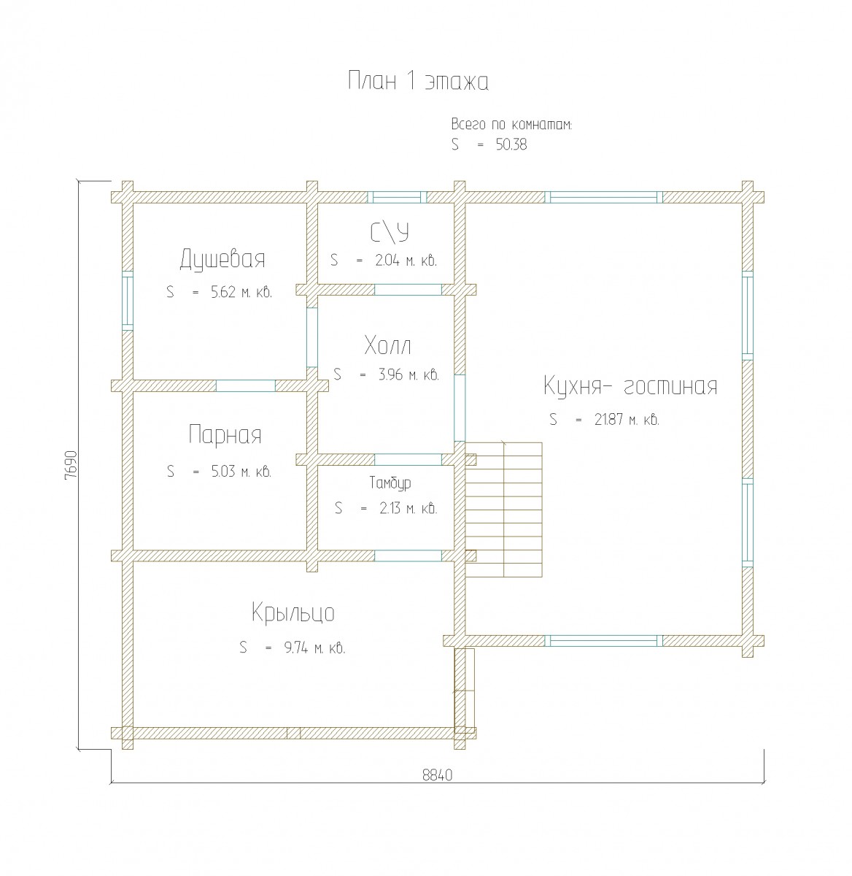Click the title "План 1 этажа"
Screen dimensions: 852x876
(418, 82)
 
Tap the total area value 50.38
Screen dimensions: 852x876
(511, 145)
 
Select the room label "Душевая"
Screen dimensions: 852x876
(222, 259)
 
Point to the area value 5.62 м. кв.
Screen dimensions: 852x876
(241, 292)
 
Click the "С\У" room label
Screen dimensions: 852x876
(390, 233)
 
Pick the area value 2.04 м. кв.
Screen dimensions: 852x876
(406, 260)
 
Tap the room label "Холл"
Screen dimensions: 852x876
(387, 346)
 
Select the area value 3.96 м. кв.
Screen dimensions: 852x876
(408, 374)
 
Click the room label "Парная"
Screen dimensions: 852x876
(225, 435)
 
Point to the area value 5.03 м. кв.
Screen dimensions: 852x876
(241, 472)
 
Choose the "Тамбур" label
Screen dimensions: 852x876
(390, 483)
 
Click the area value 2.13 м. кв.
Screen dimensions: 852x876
(408, 508)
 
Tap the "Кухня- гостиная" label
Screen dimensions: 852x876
(630, 386)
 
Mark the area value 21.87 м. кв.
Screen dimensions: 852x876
(627, 420)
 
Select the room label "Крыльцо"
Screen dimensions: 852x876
(293, 612)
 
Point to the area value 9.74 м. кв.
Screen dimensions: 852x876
(314, 648)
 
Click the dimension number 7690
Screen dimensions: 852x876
(71, 466)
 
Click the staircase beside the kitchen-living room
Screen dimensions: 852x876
(503, 510)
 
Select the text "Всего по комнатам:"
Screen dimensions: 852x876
(511, 124)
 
